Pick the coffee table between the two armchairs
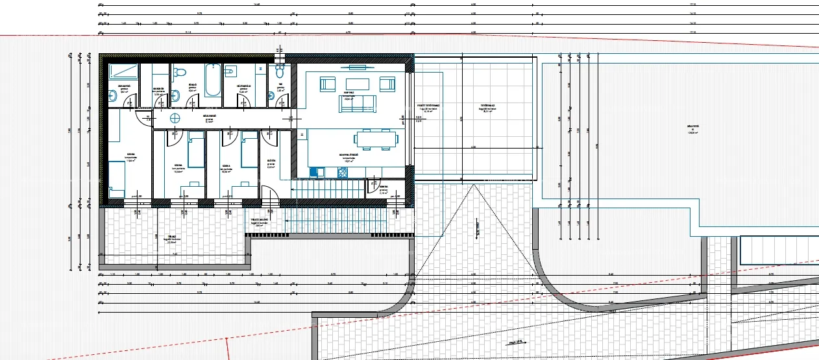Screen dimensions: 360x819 (x=356, y=83)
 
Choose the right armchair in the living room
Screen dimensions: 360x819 (x=386, y=83)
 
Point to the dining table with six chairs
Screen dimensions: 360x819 (x=375, y=139)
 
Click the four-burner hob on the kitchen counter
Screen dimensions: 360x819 (x=342, y=172)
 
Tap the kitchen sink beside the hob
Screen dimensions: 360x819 (x=316, y=172)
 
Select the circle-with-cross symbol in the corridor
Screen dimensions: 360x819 (x=175, y=117)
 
